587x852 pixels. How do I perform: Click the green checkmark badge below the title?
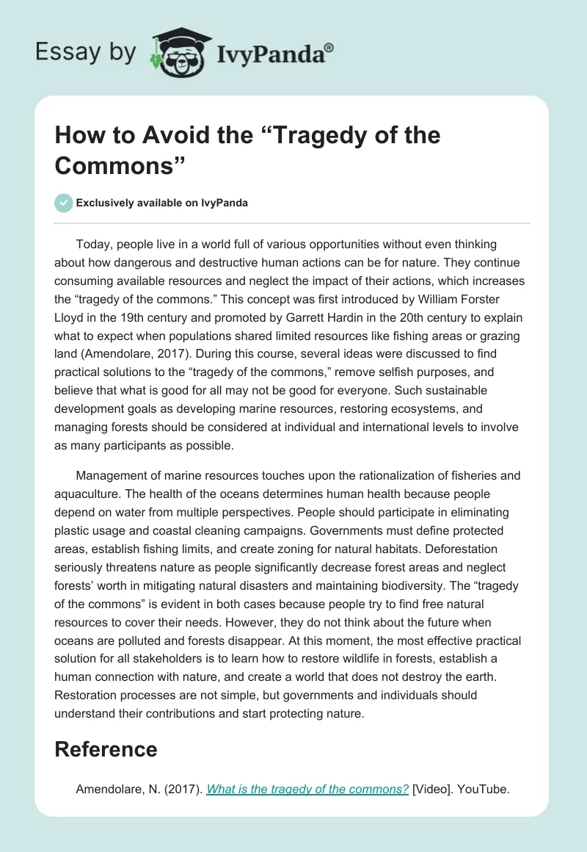(x=64, y=203)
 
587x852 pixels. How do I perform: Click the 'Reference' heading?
(x=106, y=749)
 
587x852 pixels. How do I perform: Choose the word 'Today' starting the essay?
(x=92, y=243)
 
